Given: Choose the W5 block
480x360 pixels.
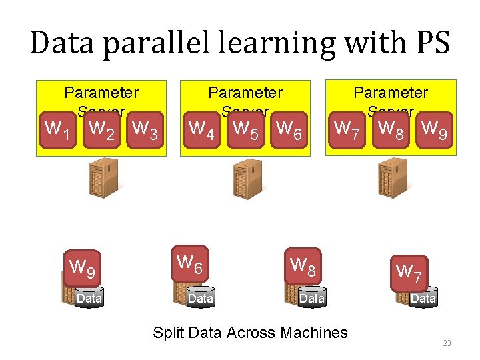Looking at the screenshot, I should tap(246, 127).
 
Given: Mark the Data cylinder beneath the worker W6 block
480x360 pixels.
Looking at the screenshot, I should tap(201, 298).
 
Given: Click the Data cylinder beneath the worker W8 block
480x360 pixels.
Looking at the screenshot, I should tap(312, 298).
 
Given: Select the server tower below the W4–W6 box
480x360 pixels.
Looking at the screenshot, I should tap(246, 179).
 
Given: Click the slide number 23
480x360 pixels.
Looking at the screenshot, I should tap(447, 343).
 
